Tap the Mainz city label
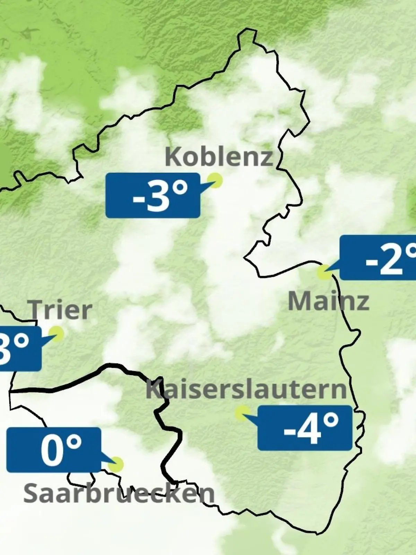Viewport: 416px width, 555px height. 328,301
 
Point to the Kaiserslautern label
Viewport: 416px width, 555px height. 246,389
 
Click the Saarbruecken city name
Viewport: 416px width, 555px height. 119,493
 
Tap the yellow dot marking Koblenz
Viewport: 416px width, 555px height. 215,180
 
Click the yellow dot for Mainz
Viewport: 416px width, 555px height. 324,272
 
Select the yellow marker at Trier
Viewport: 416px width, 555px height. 56,334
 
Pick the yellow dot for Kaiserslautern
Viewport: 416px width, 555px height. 242,413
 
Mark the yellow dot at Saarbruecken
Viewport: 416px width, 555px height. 116,464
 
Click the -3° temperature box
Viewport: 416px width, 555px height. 153,196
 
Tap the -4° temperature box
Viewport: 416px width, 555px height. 305,428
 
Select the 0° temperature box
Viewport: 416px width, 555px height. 54,450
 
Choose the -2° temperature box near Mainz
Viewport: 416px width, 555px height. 378,257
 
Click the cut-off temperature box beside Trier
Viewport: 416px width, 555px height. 20,348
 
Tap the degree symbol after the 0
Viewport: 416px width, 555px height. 75,442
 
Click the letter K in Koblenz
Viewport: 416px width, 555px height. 173,157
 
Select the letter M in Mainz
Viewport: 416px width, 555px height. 298,301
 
